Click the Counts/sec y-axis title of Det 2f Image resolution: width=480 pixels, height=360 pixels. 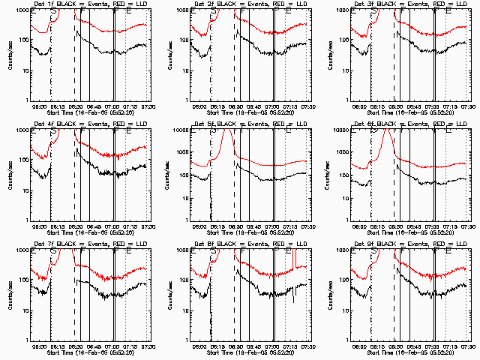pyautogui.click(x=170, y=55)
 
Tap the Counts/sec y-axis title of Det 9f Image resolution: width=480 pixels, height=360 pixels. pyautogui.click(x=331, y=295)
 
